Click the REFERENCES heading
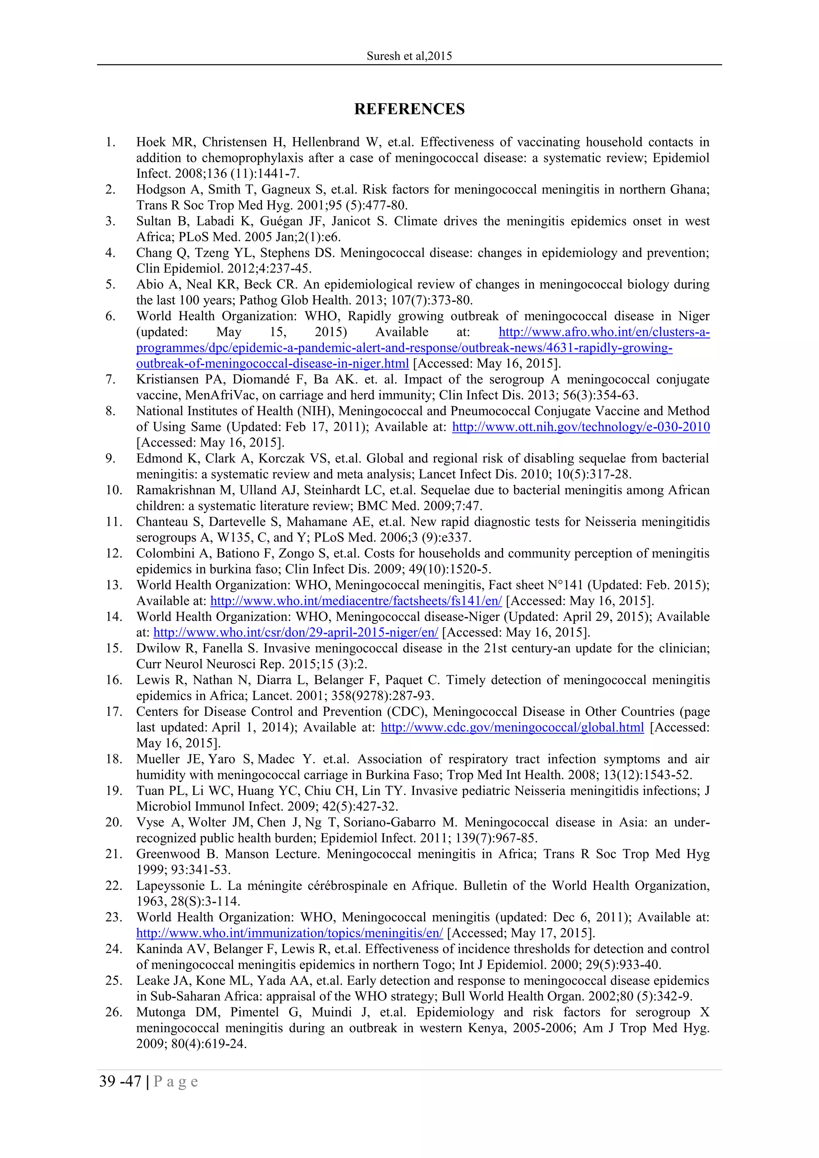tap(409, 109)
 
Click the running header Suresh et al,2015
tap(409, 56)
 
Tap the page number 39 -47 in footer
tap(120, 1081)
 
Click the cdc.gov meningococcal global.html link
tap(512, 727)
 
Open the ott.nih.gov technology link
tap(581, 427)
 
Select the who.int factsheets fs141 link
tap(356, 601)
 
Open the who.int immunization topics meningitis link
tap(290, 933)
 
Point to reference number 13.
tap(114, 585)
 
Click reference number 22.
tap(114, 886)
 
